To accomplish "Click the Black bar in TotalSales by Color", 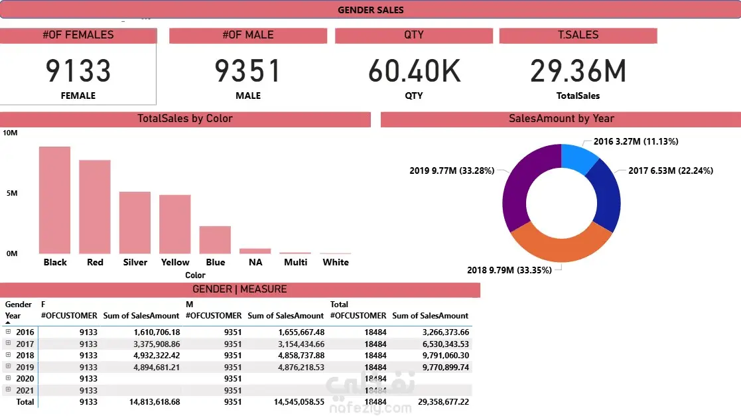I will [x=54, y=200].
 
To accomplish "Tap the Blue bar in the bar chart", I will [x=215, y=240].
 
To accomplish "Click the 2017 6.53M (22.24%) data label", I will [x=671, y=171].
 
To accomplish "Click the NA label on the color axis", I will [x=255, y=262].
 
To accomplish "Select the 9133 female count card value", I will [x=78, y=71].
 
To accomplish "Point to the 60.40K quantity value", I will [x=414, y=71].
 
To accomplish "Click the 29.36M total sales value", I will [x=578, y=71].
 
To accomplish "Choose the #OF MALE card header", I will [x=248, y=35].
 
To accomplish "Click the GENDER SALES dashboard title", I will [x=370, y=10].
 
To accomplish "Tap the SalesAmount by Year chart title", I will [x=561, y=119].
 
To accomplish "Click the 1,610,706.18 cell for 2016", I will [x=157, y=332].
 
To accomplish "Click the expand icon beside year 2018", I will [x=9, y=355].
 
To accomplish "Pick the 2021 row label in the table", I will [x=25, y=390].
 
